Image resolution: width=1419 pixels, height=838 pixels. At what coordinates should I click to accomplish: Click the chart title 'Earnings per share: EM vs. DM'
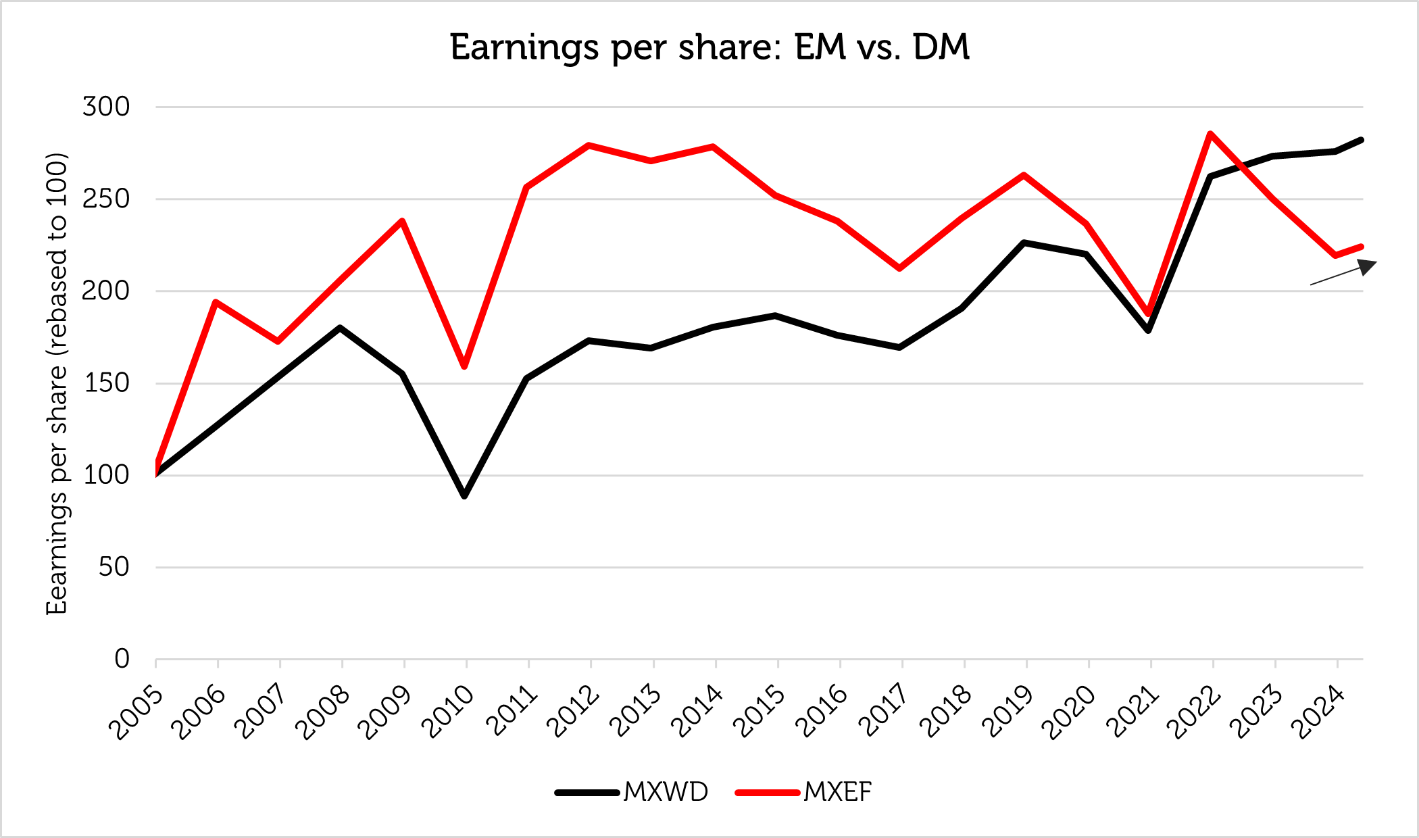[x=709, y=47]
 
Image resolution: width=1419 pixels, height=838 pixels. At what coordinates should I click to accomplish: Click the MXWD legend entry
[x=632, y=791]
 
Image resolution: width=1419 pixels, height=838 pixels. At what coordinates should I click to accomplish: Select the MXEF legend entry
[x=804, y=791]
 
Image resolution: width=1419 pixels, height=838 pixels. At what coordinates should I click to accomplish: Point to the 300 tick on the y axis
[x=106, y=107]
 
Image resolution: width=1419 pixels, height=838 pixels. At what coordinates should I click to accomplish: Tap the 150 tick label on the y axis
[x=106, y=383]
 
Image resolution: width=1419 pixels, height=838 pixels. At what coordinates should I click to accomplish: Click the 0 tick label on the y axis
[x=122, y=658]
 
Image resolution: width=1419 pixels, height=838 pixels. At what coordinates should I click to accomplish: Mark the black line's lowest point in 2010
[x=465, y=496]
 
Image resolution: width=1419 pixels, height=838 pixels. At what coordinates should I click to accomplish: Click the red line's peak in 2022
[x=1210, y=134]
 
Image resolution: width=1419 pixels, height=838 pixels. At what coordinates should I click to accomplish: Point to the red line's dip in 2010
[x=465, y=366]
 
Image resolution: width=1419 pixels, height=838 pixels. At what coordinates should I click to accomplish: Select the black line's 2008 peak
[x=341, y=328]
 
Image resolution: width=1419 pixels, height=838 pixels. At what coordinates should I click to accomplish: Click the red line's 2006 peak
[x=216, y=302]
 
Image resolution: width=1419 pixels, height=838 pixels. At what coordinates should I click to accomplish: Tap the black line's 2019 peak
[x=1024, y=242]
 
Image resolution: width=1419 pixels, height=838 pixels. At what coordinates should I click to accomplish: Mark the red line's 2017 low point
[x=900, y=268]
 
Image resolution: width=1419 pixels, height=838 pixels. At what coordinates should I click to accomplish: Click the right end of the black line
[x=1362, y=140]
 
